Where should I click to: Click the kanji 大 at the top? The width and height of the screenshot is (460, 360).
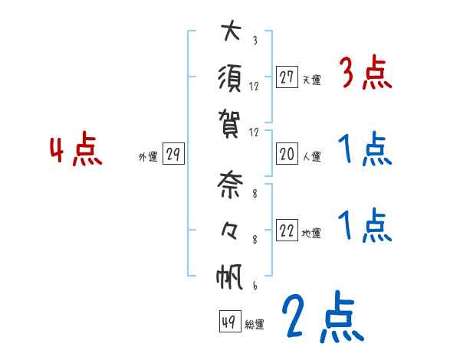(230, 34)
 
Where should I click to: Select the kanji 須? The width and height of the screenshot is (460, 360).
(230, 78)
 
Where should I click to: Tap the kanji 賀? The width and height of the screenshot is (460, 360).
(230, 120)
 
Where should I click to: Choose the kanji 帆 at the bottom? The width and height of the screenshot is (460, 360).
(230, 276)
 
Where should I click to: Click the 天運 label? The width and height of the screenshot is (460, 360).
(311, 79)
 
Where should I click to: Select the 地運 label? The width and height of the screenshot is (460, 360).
(311, 234)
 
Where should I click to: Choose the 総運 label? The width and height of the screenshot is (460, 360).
(255, 323)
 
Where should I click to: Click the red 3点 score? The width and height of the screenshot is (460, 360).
(365, 74)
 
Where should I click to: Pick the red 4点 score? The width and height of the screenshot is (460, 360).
(76, 150)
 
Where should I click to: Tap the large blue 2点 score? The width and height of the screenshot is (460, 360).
(321, 317)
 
